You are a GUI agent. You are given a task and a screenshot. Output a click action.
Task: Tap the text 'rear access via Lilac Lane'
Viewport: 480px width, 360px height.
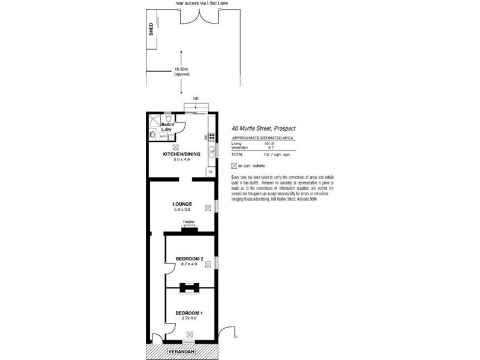click(x=202, y=3)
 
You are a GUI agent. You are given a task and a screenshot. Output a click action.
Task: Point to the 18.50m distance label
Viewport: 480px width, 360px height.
click(x=182, y=70)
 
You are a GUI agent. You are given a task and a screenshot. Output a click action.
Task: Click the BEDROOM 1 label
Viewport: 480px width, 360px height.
click(x=189, y=314)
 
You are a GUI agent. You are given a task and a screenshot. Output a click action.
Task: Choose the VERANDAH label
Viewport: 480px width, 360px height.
click(x=181, y=350)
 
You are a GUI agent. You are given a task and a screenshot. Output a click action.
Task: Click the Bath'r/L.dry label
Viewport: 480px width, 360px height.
click(x=159, y=127)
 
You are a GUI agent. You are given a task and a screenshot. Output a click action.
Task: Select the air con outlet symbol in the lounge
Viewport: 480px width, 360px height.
click(x=208, y=209)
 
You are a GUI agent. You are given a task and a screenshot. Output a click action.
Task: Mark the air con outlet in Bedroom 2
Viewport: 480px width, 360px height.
click(x=208, y=265)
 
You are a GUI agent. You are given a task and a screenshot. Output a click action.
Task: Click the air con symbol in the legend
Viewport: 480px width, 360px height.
click(x=234, y=166)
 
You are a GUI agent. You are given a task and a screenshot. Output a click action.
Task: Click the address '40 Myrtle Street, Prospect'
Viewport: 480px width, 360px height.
click(x=263, y=128)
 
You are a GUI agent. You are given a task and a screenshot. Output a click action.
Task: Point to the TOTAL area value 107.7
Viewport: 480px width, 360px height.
click(x=268, y=155)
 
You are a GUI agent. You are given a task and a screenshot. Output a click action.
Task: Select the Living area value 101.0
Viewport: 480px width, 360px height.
click(x=268, y=143)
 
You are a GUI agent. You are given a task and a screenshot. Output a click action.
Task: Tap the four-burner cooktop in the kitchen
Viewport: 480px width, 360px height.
click(x=211, y=136)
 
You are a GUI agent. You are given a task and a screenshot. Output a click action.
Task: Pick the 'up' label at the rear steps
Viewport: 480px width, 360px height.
click(x=196, y=98)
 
